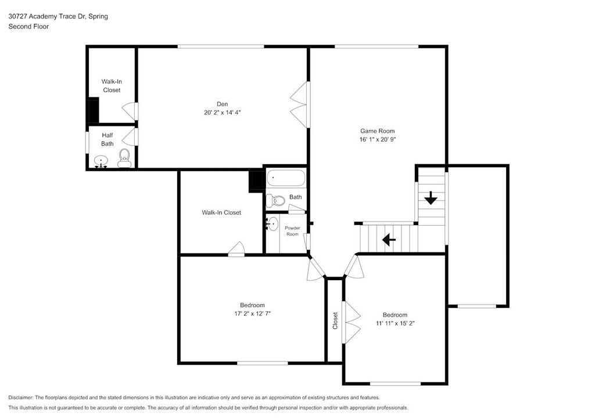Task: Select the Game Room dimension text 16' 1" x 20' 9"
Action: [377, 139]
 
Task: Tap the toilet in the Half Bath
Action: [124, 158]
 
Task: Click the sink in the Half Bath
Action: [102, 161]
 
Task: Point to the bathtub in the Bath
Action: [285, 179]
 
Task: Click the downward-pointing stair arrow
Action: [431, 199]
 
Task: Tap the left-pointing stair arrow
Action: [388, 239]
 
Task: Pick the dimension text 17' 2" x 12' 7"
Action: [252, 313]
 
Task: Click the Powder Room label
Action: [292, 231]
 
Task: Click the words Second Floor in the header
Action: [28, 26]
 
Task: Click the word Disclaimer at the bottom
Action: [21, 397]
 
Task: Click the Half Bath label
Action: [107, 139]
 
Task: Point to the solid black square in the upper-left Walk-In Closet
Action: [92, 110]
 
